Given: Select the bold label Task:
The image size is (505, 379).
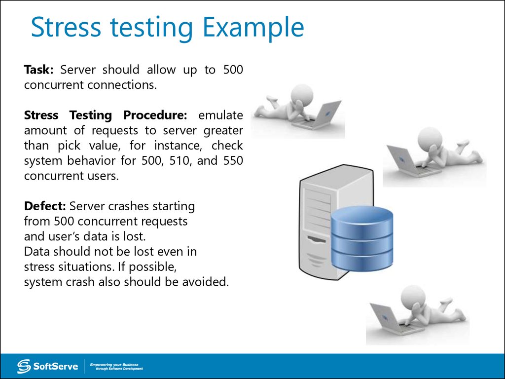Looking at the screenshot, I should pyautogui.click(x=39, y=70).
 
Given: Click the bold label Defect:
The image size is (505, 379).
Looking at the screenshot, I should pyautogui.click(x=45, y=206).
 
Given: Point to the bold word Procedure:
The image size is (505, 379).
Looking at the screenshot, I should pyautogui.click(x=155, y=115).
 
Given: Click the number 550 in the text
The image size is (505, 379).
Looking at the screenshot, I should pyautogui.click(x=232, y=161).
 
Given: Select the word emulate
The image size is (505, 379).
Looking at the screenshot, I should pyautogui.click(x=220, y=115).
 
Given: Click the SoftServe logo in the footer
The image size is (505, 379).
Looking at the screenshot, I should pyautogui.click(x=41, y=366).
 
